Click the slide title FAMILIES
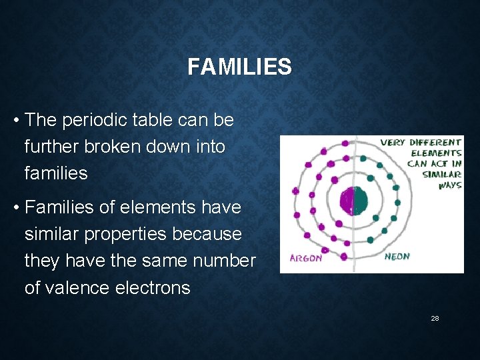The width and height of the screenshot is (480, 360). (239, 67)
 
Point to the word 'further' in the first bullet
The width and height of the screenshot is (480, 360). (49, 147)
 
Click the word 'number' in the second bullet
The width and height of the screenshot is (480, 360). (225, 261)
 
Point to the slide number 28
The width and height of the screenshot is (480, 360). (435, 319)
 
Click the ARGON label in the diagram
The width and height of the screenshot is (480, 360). (306, 258)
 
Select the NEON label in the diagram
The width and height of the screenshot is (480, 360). (397, 256)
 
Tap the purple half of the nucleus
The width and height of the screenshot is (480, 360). (347, 200)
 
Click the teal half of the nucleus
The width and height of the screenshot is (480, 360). (360, 200)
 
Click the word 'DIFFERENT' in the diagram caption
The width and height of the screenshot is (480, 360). (435, 142)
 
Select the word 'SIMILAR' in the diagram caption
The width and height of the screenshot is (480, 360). (441, 175)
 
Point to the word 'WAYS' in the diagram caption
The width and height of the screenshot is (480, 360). (449, 185)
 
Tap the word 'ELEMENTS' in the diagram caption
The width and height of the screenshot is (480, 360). (436, 153)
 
